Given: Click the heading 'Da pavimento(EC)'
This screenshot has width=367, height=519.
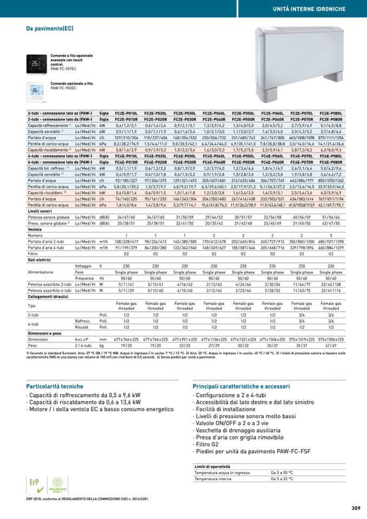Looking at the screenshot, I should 50,28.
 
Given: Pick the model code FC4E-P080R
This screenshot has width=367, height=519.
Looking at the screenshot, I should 330,162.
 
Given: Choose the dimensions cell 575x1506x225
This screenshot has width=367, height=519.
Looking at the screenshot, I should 330,338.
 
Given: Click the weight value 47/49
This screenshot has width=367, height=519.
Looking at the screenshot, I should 330,344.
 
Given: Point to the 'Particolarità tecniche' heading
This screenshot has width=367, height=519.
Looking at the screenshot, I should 55,386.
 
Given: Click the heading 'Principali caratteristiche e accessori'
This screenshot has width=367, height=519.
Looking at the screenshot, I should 241,386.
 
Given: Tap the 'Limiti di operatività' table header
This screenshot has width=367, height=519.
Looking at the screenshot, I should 213,466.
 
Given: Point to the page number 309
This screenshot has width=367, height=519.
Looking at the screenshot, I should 356,508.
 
